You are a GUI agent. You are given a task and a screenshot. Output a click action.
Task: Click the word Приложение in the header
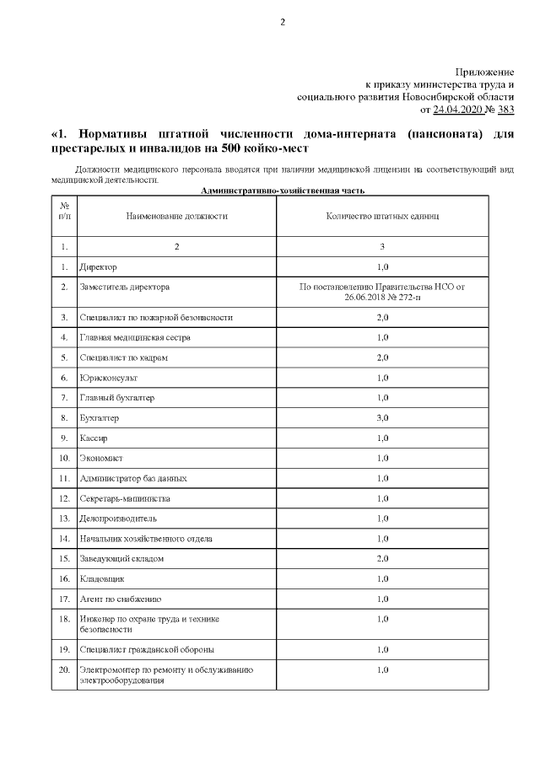(484, 73)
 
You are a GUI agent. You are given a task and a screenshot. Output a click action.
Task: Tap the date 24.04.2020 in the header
(456, 110)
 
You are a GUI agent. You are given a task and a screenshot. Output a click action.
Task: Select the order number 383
(506, 110)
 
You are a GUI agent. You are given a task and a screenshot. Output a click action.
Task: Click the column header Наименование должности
(177, 216)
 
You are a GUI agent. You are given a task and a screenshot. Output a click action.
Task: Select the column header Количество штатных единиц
(382, 216)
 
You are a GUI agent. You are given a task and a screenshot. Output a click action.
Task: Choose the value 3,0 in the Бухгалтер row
(382, 418)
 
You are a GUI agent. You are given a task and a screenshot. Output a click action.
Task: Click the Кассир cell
(94, 438)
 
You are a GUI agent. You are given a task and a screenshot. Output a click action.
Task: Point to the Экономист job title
(101, 459)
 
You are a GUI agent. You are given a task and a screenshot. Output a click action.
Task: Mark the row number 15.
(64, 559)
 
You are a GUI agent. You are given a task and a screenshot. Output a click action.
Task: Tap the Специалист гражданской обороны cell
(147, 649)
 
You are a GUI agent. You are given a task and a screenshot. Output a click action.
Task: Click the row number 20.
(64, 669)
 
